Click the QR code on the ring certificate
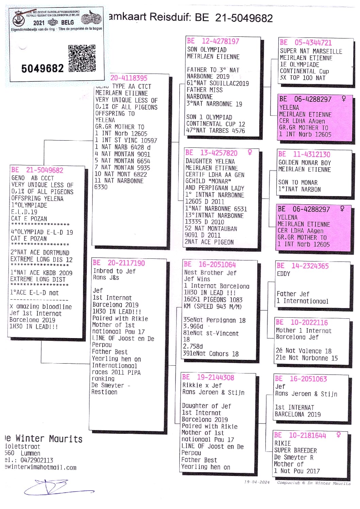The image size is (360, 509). [x=82, y=58]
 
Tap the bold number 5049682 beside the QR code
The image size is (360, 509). [x=42, y=69]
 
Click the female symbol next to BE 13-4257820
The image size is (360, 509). [x=250, y=153]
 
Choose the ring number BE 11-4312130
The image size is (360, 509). [x=304, y=154]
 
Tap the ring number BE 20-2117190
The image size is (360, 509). [x=119, y=263]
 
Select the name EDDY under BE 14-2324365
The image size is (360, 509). [x=284, y=274]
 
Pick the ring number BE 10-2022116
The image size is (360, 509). [x=302, y=322]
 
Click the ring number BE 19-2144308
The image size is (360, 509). [x=208, y=377]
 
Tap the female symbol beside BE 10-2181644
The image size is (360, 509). [x=339, y=435]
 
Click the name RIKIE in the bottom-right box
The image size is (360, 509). [x=283, y=443]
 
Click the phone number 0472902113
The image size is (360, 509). [x=37, y=460]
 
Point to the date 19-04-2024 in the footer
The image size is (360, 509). [x=257, y=482]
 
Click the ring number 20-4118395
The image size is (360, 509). [x=129, y=78]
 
